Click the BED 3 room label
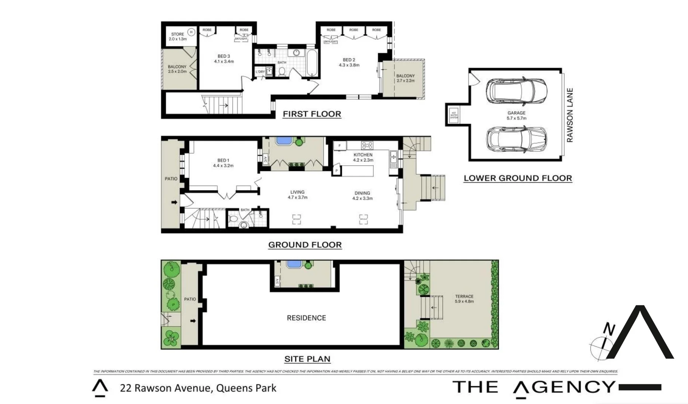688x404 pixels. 224,59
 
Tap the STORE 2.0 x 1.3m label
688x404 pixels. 177,36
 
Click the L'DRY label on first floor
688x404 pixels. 260,72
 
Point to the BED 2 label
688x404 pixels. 349,62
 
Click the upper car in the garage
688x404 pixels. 516,92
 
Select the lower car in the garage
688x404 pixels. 516,140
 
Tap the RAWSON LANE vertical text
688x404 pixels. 569,115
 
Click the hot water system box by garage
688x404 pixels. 453,115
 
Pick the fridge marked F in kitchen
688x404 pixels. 340,146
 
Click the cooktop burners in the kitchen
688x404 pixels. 367,145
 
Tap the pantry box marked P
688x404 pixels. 337,171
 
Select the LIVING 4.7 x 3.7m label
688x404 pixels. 297,195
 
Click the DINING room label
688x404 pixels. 362,196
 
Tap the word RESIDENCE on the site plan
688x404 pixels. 306,318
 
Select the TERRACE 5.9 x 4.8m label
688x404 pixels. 464,299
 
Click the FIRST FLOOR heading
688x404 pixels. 312,114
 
